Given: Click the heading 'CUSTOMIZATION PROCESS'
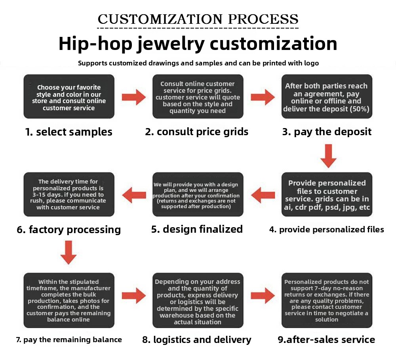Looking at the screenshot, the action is (198, 19).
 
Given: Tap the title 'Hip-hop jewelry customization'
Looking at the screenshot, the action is (198, 43).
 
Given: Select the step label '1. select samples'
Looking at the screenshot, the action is (69, 132).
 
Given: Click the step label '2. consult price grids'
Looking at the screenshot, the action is (197, 132).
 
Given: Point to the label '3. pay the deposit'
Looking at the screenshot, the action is (327, 132).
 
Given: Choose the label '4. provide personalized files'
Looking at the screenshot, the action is (327, 229).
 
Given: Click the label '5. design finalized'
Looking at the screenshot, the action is (197, 229).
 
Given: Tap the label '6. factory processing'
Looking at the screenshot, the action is (69, 230).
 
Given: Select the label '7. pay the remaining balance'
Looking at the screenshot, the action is (69, 339).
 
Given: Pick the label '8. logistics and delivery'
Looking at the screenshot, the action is (197, 339).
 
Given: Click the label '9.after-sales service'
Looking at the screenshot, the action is (327, 339).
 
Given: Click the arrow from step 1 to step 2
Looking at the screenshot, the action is (133, 97).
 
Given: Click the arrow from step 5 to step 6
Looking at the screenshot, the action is (133, 195).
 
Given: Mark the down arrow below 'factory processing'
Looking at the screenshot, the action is (69, 253).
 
